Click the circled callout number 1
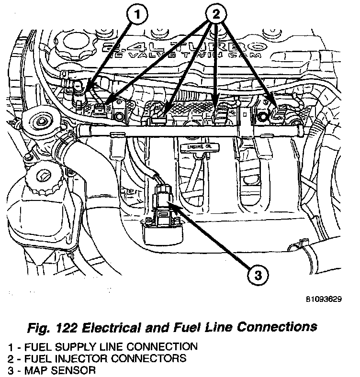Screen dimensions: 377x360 [138, 16]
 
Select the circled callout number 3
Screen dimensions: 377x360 [258, 275]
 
